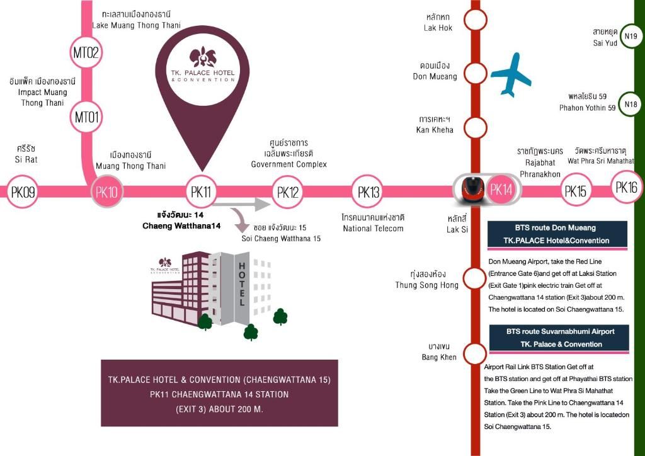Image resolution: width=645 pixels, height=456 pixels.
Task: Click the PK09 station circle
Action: pos(23,191)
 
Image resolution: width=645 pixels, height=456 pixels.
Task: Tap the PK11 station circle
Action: pos(200,191)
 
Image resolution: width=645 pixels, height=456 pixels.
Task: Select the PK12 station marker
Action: pos(288,191)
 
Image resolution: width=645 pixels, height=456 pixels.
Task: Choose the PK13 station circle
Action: pos(368,191)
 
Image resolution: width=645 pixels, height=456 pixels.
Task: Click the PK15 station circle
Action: pos(576,191)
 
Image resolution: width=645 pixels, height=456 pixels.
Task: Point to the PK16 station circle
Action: pos(626,187)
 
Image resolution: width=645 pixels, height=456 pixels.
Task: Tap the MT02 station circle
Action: pos(86,52)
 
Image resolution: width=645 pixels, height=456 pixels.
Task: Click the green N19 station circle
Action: pos(630,37)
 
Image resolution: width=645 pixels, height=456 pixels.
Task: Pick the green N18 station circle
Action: pos(630,105)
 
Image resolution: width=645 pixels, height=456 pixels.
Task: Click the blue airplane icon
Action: pos(511,74)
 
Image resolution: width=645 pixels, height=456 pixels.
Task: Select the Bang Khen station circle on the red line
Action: pos(475,353)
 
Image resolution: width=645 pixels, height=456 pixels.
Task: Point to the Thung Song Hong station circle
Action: pos(475,278)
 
